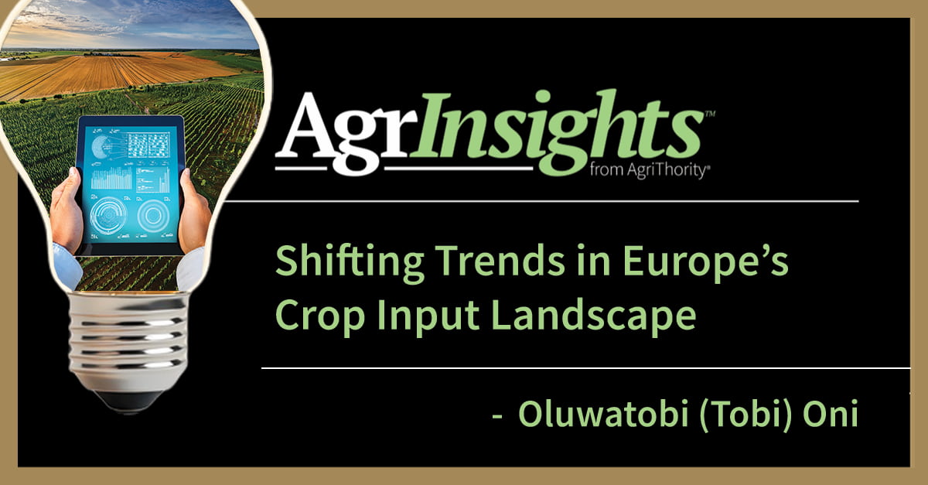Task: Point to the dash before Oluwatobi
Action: point(499,416)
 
